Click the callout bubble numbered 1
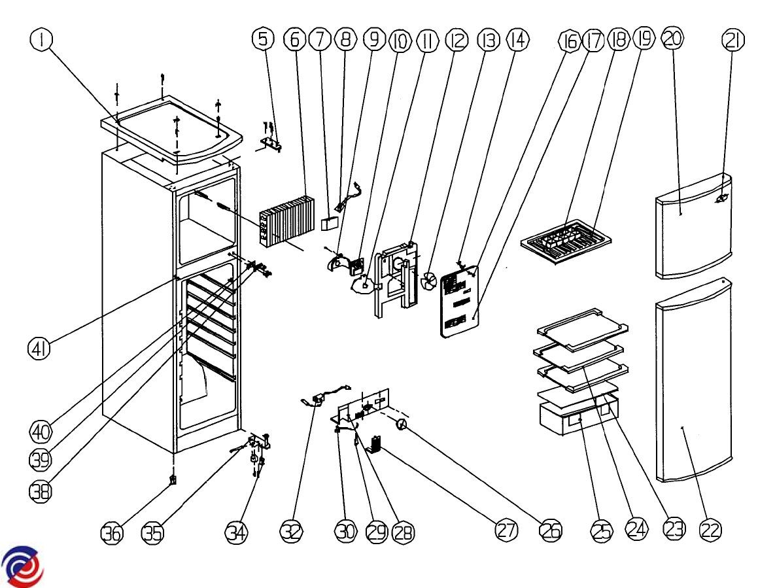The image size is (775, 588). (x=43, y=39)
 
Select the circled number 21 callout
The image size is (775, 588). (x=733, y=39)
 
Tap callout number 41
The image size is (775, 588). (x=39, y=349)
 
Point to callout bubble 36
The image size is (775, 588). (x=112, y=533)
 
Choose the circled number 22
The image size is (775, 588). (x=711, y=530)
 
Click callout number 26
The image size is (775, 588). (x=550, y=530)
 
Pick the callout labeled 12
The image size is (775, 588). (x=456, y=39)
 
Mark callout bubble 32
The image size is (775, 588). (x=292, y=531)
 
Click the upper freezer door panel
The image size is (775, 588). (x=694, y=227)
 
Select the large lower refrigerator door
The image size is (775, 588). (x=694, y=379)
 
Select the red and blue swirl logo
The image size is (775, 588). (x=23, y=567)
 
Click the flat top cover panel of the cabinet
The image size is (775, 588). (x=172, y=130)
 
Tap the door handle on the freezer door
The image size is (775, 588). (x=721, y=198)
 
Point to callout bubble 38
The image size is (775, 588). (x=41, y=491)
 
